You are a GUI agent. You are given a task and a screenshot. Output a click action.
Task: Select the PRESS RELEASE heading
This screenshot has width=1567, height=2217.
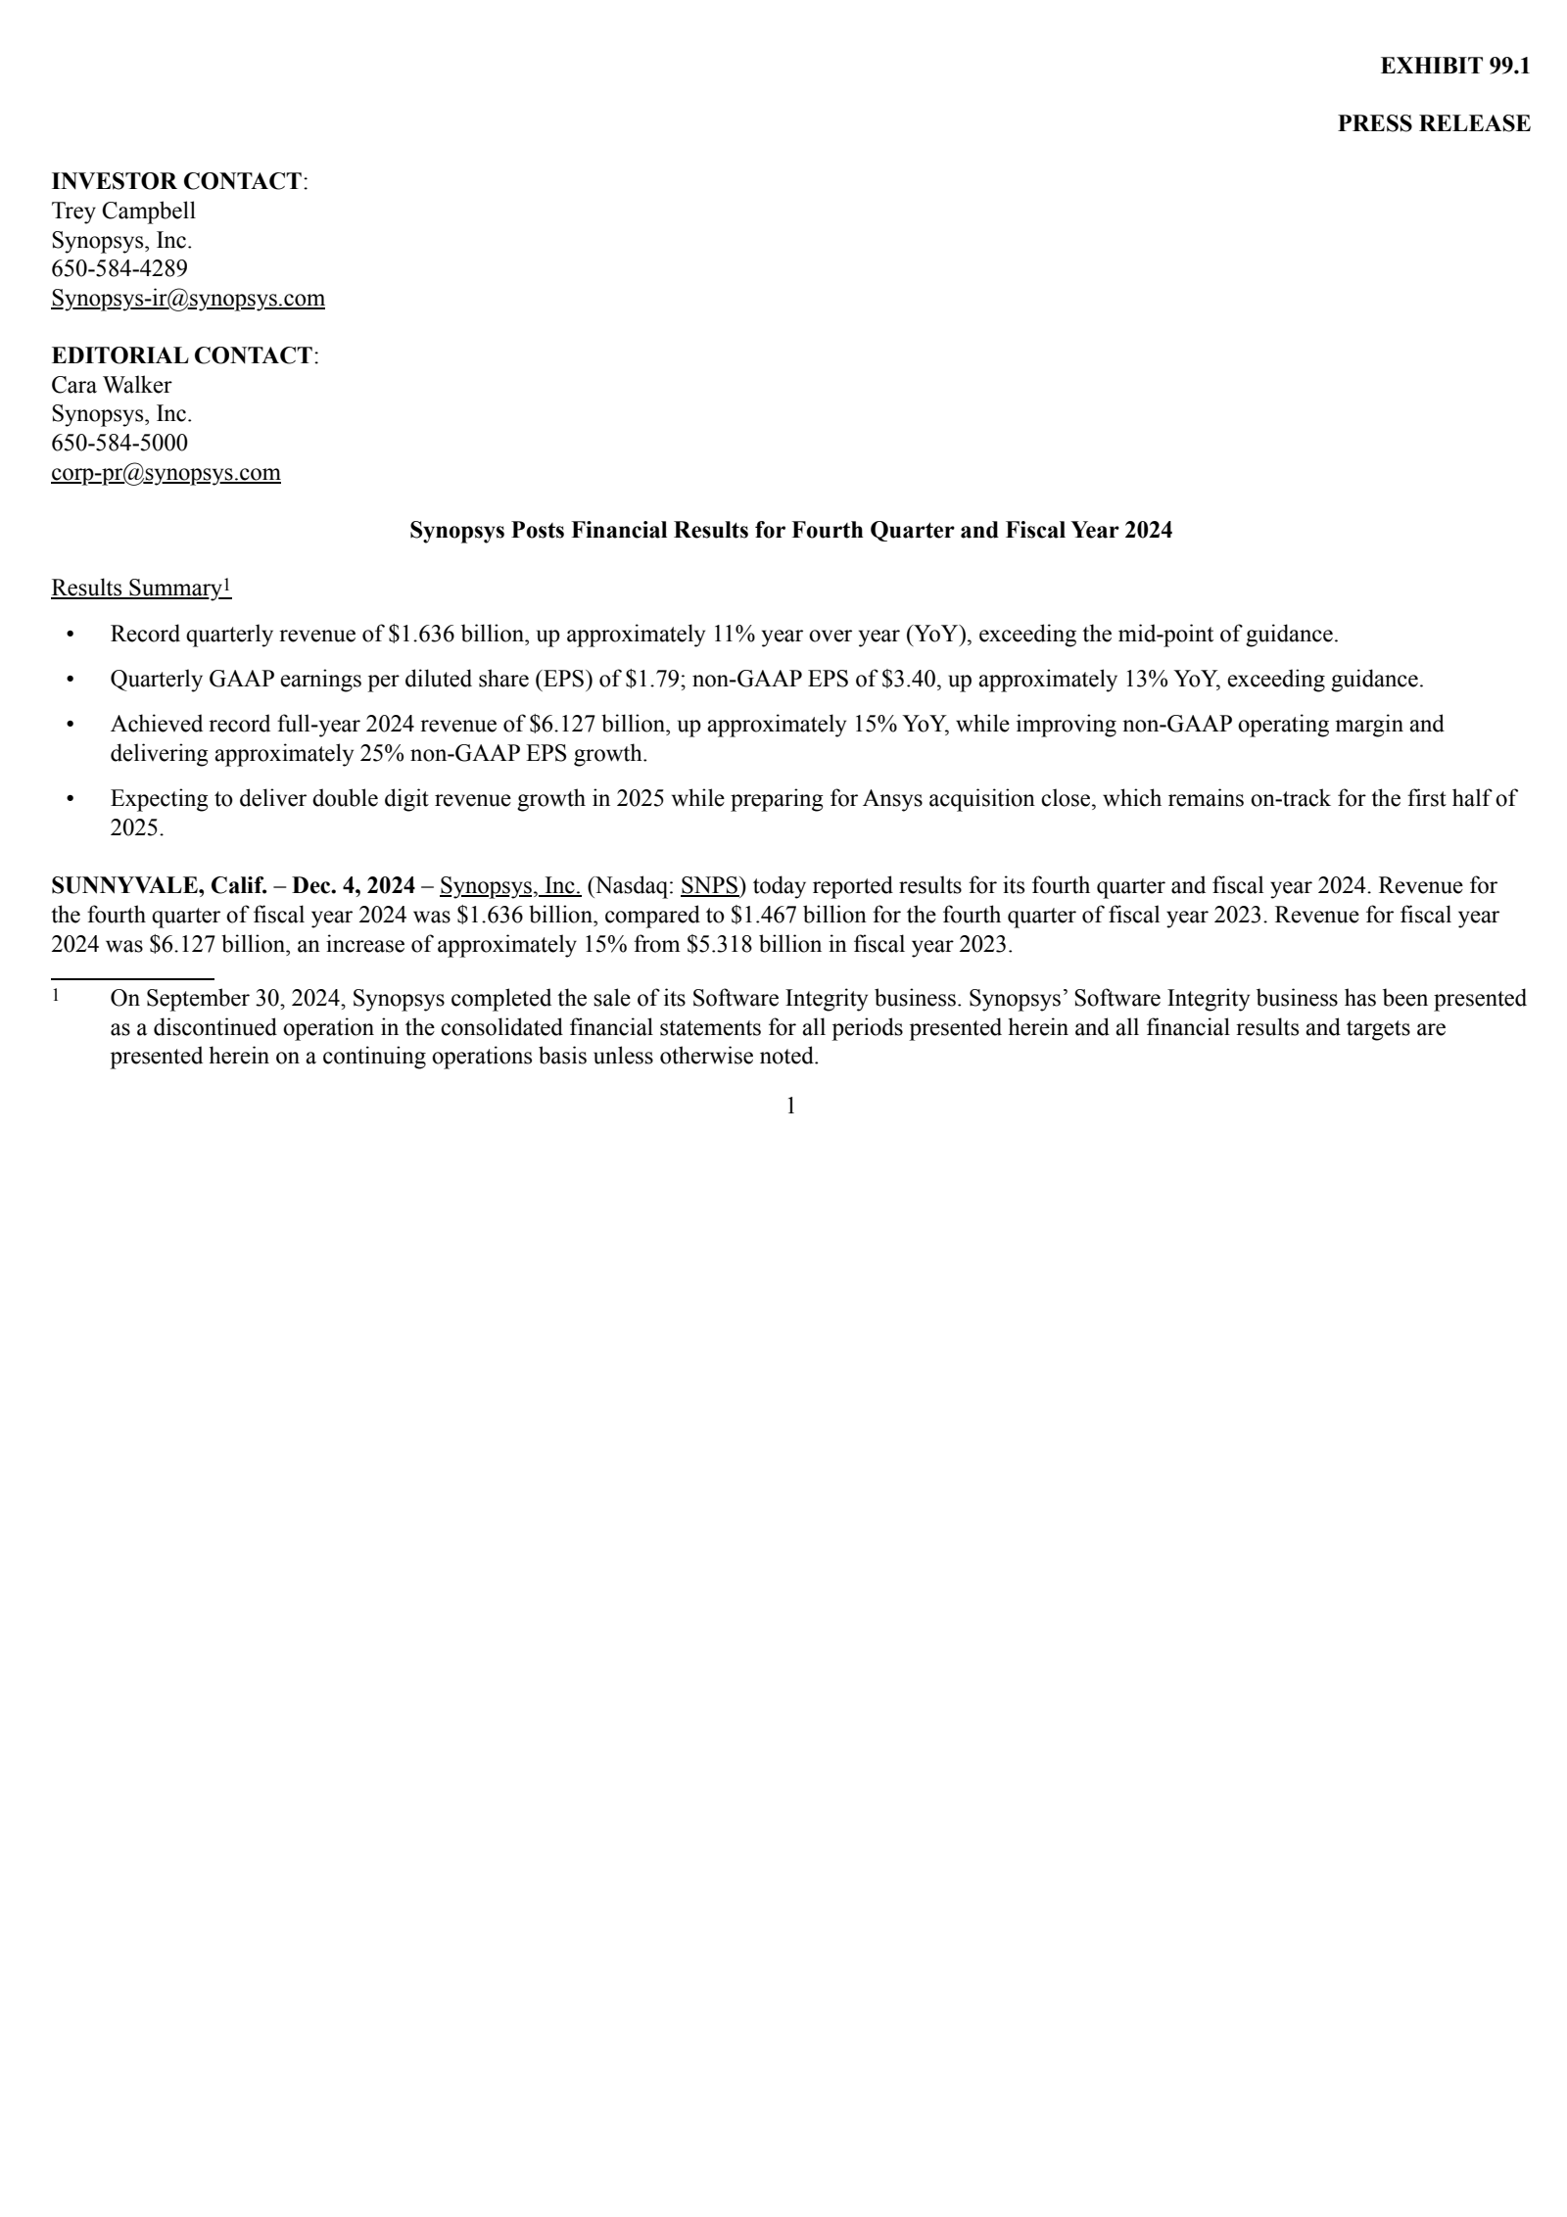click(1433, 123)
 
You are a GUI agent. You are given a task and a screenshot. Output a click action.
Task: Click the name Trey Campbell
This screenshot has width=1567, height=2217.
click(123, 211)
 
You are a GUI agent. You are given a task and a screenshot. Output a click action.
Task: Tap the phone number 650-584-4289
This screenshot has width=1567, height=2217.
click(119, 268)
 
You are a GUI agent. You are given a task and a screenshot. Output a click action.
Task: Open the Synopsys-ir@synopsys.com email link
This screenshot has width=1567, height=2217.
click(187, 298)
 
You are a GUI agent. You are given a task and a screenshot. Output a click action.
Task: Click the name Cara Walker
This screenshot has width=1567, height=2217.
click(111, 385)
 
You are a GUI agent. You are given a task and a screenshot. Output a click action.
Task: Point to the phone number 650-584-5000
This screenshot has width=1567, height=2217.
click(119, 443)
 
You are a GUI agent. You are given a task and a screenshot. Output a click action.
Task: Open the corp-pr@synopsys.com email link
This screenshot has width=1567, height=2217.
click(166, 473)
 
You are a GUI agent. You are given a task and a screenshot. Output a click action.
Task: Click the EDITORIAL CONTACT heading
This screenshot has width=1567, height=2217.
click(182, 355)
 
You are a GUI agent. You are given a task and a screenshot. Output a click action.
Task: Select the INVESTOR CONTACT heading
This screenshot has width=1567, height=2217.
click(176, 181)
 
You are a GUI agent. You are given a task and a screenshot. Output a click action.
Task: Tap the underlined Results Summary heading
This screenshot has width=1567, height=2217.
click(137, 588)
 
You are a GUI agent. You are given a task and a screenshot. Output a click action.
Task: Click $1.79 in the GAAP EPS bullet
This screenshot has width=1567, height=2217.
click(652, 679)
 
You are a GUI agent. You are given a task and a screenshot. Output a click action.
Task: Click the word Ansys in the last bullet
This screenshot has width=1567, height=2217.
click(892, 798)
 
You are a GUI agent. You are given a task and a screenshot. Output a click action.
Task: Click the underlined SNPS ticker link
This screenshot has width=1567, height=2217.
click(709, 886)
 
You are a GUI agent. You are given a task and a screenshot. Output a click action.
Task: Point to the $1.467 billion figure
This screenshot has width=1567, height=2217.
click(798, 916)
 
